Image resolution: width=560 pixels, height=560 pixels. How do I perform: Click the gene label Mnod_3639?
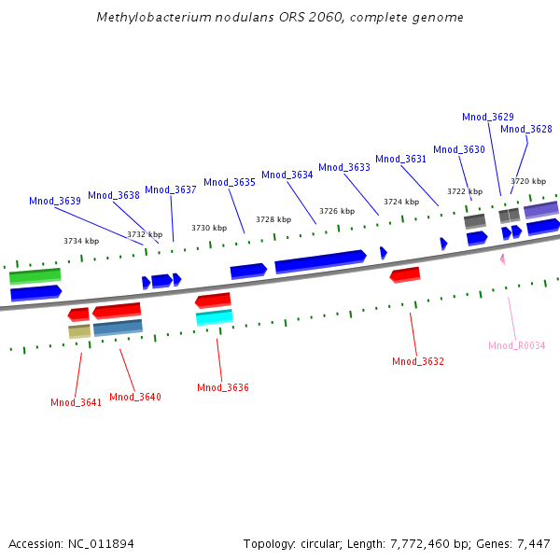pyautogui.click(x=54, y=201)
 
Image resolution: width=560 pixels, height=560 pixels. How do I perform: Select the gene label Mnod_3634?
pyautogui.click(x=287, y=175)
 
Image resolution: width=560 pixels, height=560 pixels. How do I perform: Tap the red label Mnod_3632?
pyautogui.click(x=417, y=361)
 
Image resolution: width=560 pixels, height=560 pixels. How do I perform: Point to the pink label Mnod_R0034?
pyautogui.click(x=516, y=345)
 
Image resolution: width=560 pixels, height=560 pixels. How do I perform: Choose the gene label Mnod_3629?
pyautogui.click(x=487, y=117)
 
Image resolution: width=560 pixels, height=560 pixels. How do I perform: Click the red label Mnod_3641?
pyautogui.click(x=76, y=402)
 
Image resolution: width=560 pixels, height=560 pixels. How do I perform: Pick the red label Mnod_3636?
pyautogui.click(x=222, y=387)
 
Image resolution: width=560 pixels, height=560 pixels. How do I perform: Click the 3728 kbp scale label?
pyautogui.click(x=273, y=219)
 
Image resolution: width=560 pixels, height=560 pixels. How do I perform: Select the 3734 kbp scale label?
pyautogui.click(x=81, y=241)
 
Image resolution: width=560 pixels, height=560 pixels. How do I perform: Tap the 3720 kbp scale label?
pyautogui.click(x=527, y=181)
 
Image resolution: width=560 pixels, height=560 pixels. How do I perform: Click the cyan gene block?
pyautogui.click(x=214, y=317)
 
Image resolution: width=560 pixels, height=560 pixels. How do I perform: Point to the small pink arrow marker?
pyautogui.click(x=502, y=259)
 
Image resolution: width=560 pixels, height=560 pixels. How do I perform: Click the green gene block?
pyautogui.click(x=35, y=276)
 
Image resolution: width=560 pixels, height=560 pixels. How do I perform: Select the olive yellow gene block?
pyautogui.click(x=79, y=331)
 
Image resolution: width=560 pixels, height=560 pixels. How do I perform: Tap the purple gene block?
pyautogui.click(x=541, y=210)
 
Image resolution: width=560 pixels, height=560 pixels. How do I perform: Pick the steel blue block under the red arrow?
pyautogui.click(x=118, y=328)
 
